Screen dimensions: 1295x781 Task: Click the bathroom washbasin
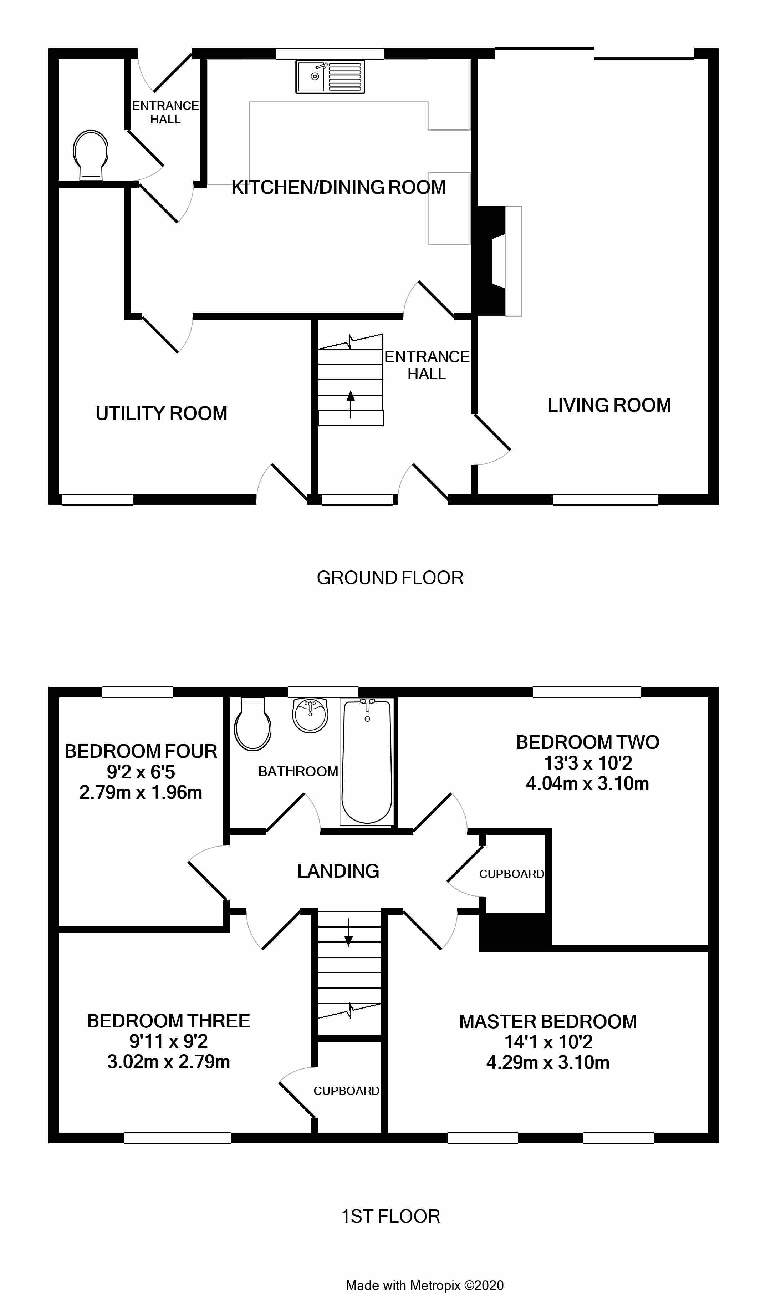pos(310,715)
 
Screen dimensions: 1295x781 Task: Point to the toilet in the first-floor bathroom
pos(252,724)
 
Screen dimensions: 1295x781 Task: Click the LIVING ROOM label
pos(609,405)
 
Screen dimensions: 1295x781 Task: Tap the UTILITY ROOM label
pos(161,413)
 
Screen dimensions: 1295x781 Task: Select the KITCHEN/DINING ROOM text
pos(338,187)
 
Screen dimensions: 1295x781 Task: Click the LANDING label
pos(338,871)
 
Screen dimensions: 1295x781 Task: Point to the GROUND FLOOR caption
pos(390,578)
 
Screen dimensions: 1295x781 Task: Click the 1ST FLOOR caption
pos(390,1216)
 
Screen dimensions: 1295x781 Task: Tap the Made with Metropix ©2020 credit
pos(424,1285)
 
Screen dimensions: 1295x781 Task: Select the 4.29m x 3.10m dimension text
pos(548,1063)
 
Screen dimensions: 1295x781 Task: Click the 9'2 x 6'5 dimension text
pos(141,772)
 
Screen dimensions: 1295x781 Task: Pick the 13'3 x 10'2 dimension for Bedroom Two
pos(588,763)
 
